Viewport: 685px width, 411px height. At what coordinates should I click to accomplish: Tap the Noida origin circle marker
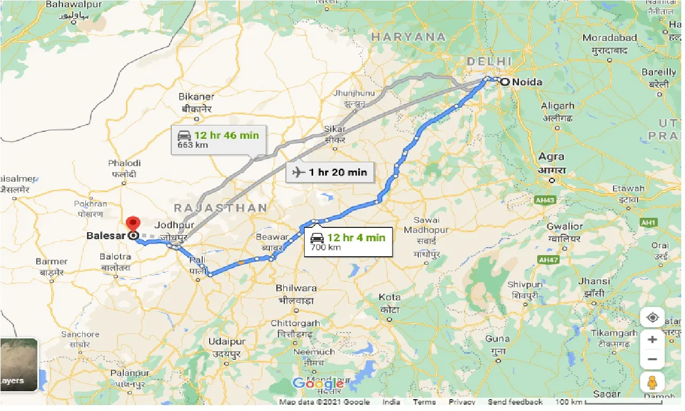(x=504, y=82)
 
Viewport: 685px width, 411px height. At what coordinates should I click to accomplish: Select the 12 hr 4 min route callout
(x=348, y=242)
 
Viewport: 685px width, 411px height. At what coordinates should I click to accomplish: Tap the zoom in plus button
(x=652, y=339)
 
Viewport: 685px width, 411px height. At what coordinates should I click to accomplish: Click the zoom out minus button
(x=652, y=359)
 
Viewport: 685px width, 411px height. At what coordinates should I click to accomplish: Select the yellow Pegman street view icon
(x=652, y=382)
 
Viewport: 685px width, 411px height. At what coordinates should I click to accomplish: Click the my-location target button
(x=652, y=318)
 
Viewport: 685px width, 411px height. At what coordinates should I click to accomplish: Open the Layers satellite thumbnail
(x=19, y=364)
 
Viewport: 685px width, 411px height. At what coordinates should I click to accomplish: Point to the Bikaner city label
(x=197, y=97)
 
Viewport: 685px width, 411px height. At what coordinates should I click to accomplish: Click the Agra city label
(x=551, y=157)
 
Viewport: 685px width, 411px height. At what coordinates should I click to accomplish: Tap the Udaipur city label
(x=227, y=342)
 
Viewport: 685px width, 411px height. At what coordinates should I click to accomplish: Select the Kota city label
(x=389, y=297)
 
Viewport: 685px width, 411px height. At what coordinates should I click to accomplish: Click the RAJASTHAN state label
(x=220, y=208)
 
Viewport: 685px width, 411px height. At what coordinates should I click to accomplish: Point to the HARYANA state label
(x=408, y=37)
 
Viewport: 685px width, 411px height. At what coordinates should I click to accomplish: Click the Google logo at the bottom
(x=318, y=384)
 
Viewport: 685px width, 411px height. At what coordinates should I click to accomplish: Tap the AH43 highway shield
(x=545, y=199)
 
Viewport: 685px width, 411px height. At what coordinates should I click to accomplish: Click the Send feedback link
(x=515, y=402)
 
